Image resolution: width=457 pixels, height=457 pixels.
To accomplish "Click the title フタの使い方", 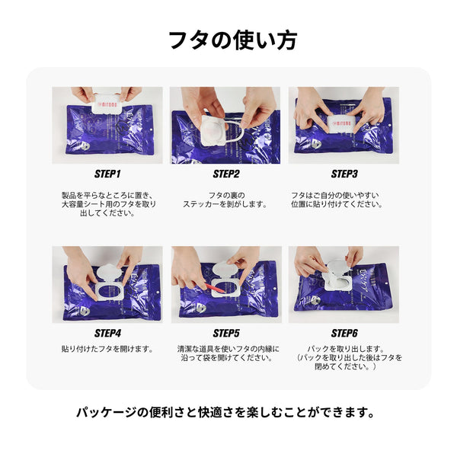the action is pos(233,40).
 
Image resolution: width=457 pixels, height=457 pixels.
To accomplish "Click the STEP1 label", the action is pos(107,174).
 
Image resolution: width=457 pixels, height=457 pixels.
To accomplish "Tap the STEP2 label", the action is pos(226,174).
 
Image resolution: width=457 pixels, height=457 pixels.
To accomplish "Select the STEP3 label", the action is pos(344,174).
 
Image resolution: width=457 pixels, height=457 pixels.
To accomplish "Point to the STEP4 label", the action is pos(107,333).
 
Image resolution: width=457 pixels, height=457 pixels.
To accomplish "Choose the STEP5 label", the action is pos(226,333).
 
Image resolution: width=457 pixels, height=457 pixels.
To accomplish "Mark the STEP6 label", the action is pos(344,333).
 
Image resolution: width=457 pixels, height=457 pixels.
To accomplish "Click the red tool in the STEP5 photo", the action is pos(216,288).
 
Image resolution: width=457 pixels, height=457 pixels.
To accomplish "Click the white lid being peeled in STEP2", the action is pos(214,129).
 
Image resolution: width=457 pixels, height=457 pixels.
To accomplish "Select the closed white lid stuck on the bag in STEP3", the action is pos(341,124).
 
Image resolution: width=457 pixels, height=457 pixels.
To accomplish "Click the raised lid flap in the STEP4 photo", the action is pos(108,272).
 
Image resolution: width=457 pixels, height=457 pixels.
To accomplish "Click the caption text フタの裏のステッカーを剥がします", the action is pos(225,200).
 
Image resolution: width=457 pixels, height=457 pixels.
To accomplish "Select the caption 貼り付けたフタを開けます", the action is pos(107,349).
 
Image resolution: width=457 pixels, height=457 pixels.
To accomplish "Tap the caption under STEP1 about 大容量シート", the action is pos(108,204).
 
